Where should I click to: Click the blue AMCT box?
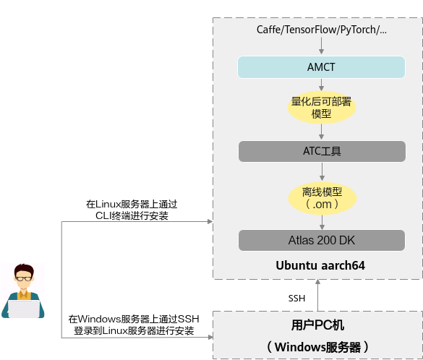pos(321,67)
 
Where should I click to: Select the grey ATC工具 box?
pos(322,151)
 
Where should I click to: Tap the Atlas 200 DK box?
pos(322,240)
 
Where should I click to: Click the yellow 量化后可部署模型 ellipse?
pos(322,108)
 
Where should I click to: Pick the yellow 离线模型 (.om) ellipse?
pos(322,198)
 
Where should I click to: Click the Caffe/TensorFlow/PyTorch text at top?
pos(322,30)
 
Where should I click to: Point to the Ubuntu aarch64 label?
pos(320,265)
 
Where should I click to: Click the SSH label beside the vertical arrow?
pos(296,299)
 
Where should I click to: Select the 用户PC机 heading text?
pos(317,325)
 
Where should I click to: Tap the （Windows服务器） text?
pos(317,347)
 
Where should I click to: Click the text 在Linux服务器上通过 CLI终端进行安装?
pos(132,210)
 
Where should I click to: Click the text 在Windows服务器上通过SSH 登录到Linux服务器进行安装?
pos(134,325)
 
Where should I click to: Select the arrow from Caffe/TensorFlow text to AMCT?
pos(321,46)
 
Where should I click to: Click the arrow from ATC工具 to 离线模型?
pos(322,171)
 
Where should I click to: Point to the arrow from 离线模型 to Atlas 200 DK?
pos(322,222)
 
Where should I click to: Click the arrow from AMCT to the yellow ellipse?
pos(321,85)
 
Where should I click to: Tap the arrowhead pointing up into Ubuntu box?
pos(317,282)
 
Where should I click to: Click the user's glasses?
pos(24,278)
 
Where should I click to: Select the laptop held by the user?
pos(24,309)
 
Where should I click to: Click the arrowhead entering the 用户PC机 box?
pos(210,337)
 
